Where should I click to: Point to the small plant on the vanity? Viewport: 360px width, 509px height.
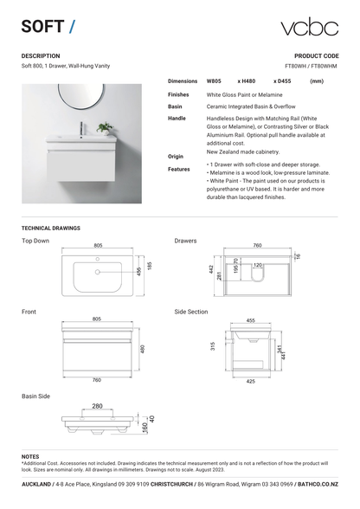tap(105, 128)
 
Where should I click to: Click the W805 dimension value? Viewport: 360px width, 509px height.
tap(213, 81)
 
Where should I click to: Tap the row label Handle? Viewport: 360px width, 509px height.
tap(177, 117)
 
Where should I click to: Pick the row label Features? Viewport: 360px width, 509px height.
tap(179, 169)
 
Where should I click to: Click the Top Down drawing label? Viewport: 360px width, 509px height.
tap(35, 240)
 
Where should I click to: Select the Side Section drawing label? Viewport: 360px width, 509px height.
tap(191, 310)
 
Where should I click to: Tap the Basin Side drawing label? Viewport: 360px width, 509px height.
tap(35, 395)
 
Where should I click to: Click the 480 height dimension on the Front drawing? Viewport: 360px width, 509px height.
tap(142, 348)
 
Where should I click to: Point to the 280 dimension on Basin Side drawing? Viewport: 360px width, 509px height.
tap(96, 404)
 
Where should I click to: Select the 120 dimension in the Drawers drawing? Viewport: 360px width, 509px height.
tap(257, 265)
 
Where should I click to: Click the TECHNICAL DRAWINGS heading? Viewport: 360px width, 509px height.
tap(51, 228)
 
